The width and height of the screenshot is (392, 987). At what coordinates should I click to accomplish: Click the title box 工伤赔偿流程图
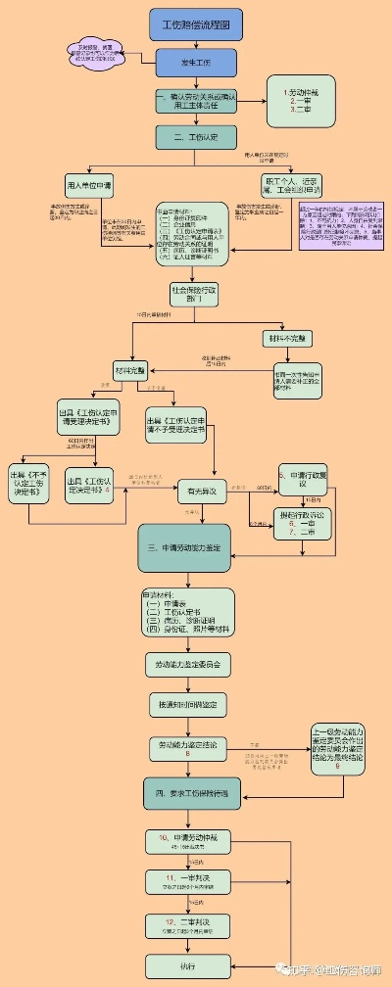point(195,23)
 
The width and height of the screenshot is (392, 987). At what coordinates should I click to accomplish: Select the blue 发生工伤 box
point(195,63)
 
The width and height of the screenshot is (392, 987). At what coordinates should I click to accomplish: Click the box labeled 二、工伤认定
point(195,137)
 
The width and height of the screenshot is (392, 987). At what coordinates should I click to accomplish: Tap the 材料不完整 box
point(288,338)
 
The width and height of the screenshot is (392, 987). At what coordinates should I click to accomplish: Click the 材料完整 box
point(129,371)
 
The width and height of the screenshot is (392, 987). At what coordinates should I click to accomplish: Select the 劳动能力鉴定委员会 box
point(188,663)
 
